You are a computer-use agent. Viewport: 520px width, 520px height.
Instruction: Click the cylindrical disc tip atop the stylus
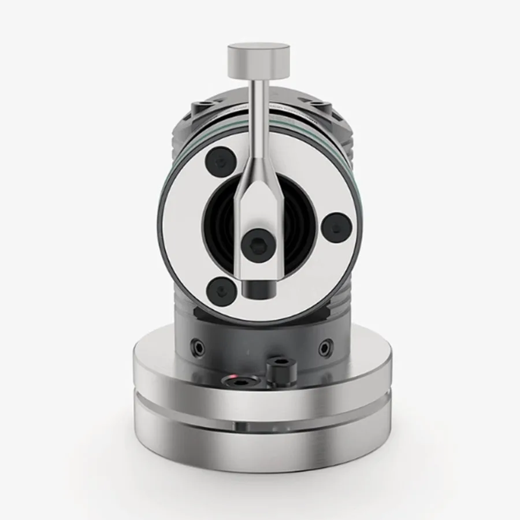tap(258, 61)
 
